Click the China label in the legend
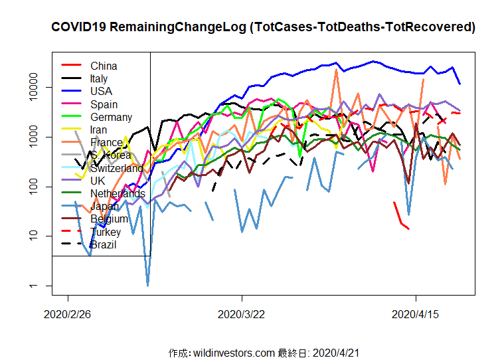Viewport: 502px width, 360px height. pyautogui.click(x=104, y=66)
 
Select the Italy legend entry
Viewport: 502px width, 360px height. pyautogui.click(x=99, y=78)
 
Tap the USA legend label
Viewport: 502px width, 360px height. pyautogui.click(x=101, y=91)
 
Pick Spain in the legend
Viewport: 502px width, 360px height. pyautogui.click(x=104, y=104)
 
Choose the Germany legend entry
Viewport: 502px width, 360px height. pyautogui.click(x=111, y=117)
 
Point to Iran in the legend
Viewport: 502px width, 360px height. pyautogui.click(x=98, y=130)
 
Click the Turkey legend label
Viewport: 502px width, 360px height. pyautogui.click(x=106, y=232)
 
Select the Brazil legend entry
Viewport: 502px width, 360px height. pyautogui.click(x=103, y=244)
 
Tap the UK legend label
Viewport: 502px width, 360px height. pyautogui.click(x=97, y=181)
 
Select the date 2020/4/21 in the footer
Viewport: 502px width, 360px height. pyautogui.click(x=336, y=353)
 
